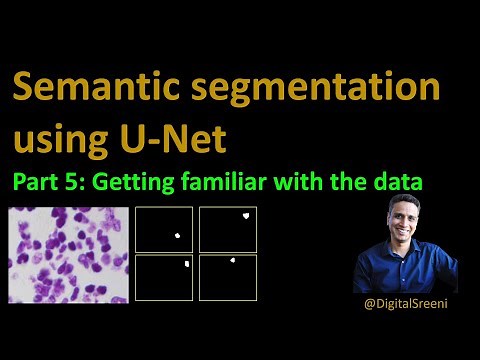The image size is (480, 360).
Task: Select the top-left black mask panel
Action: click(163, 229)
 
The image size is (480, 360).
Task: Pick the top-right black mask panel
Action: click(228, 229)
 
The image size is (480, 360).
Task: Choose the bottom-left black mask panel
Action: click(163, 277)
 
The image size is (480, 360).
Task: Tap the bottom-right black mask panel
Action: click(228, 277)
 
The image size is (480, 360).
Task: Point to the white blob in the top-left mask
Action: click(176, 236)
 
